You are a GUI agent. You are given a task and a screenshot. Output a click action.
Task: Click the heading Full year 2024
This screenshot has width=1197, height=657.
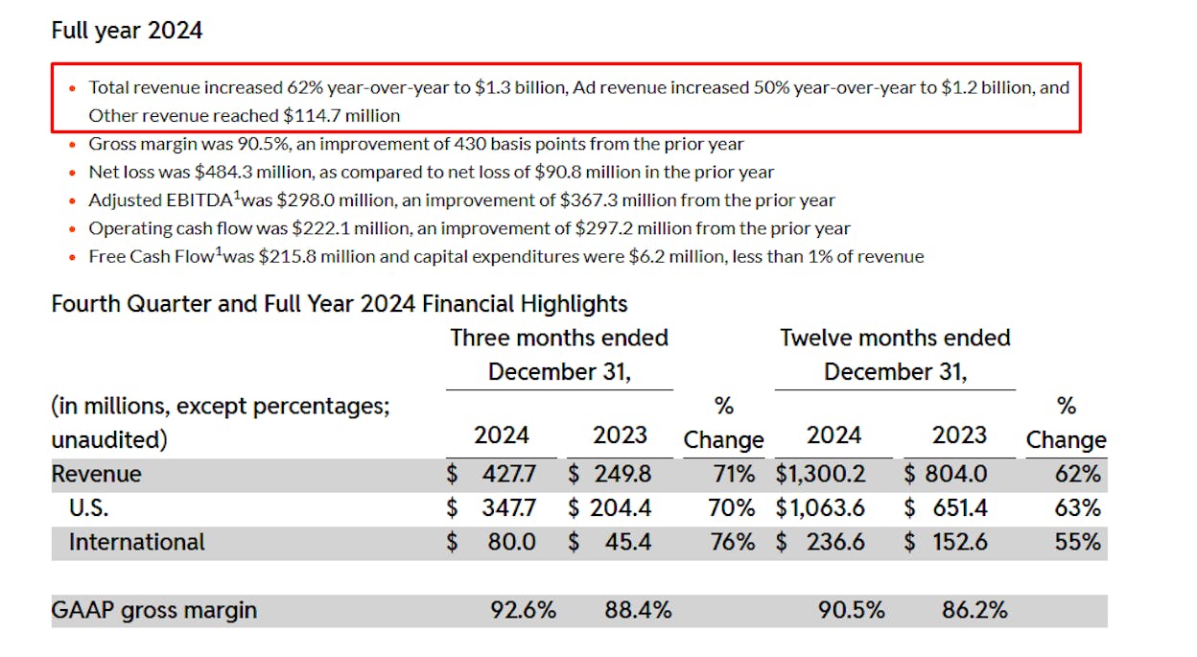[127, 31]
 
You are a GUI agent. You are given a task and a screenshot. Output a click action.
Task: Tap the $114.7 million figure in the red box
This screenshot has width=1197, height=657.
[341, 115]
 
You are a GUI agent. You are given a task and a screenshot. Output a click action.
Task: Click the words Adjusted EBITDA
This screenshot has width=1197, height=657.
[160, 200]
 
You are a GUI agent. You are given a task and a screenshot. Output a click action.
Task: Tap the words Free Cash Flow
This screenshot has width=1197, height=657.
[152, 257]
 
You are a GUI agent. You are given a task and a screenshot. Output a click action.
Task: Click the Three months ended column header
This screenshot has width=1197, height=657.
[559, 339]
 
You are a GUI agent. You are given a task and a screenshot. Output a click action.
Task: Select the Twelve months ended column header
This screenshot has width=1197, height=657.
[895, 339]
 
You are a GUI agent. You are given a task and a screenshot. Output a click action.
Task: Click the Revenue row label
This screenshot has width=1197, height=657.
[96, 474]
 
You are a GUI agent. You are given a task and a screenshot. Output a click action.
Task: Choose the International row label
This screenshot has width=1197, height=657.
[137, 542]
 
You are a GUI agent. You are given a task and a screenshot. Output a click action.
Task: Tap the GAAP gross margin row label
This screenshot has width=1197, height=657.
[153, 611]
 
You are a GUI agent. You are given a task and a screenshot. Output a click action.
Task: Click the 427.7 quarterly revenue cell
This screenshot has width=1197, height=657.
[508, 474]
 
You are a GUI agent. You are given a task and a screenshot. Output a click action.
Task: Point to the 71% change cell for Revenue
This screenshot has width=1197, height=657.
[734, 474]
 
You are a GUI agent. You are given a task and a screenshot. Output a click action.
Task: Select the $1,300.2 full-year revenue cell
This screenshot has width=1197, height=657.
[820, 474]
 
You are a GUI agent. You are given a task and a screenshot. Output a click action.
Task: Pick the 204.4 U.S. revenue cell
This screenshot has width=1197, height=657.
[621, 507]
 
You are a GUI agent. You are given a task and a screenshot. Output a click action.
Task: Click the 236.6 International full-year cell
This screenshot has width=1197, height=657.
[835, 542]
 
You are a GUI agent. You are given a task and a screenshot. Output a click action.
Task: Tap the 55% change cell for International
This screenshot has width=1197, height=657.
[1077, 542]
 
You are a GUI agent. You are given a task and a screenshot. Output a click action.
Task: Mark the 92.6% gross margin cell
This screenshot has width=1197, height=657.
[523, 611]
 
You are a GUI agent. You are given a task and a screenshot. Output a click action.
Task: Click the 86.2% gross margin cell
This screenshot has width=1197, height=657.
[974, 611]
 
